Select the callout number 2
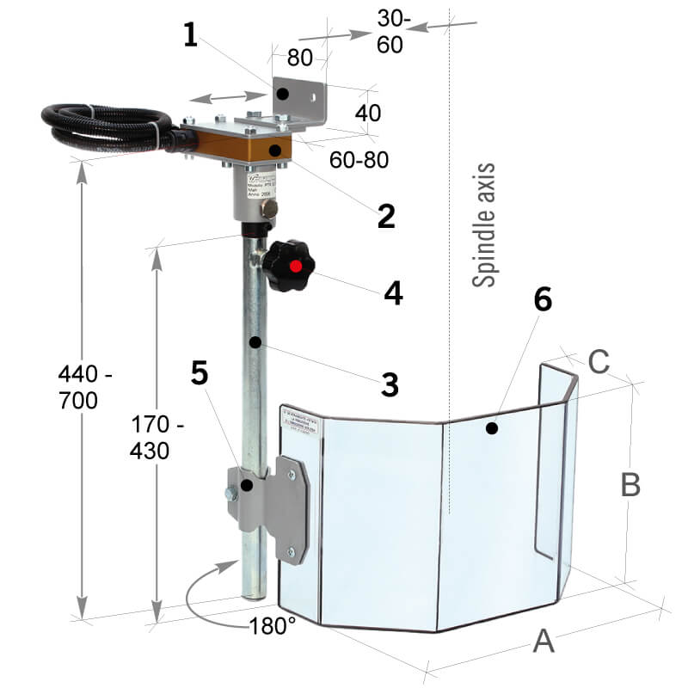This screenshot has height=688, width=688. (386, 214)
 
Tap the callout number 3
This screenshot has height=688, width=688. (390, 384)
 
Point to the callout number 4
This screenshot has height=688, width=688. (392, 293)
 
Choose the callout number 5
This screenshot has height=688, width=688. (200, 373)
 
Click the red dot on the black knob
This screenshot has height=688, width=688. (296, 266)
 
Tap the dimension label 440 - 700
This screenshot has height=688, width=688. (85, 387)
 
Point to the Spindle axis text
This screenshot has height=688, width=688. (486, 224)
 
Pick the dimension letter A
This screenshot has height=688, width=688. (543, 641)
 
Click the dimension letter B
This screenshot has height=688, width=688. (630, 485)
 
